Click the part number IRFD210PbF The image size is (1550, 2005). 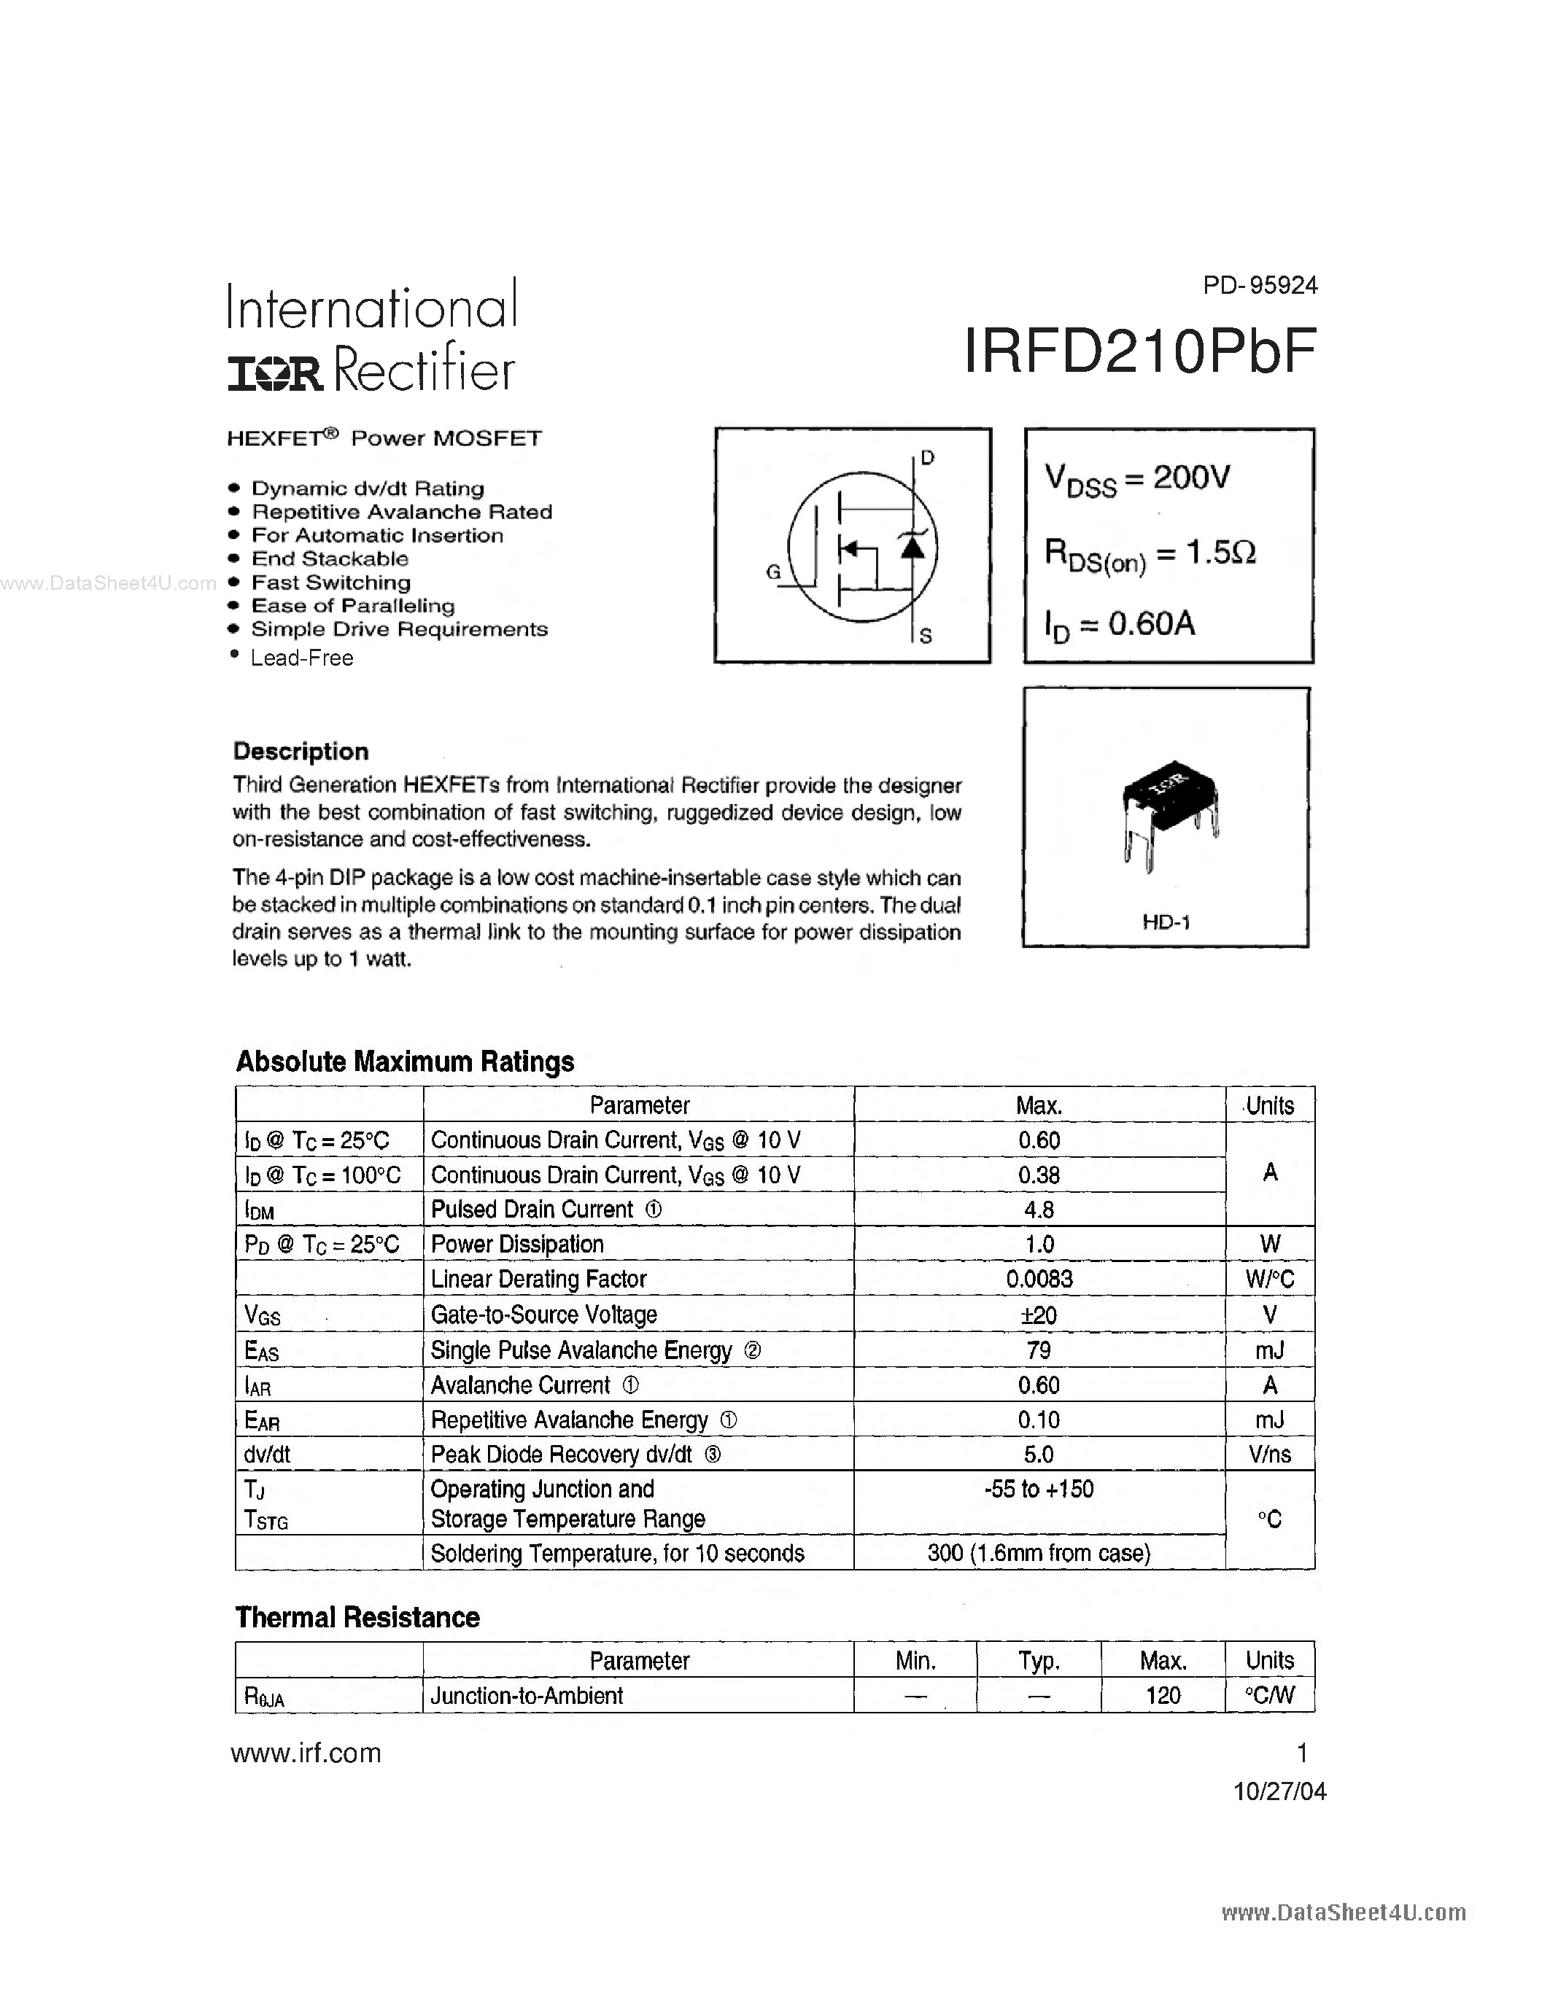(x=1141, y=351)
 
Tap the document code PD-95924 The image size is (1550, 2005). (x=1260, y=286)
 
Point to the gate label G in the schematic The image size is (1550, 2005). (x=773, y=572)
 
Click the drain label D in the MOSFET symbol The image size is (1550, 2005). (x=927, y=457)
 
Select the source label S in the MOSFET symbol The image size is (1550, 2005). (x=926, y=635)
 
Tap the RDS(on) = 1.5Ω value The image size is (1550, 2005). (x=1150, y=553)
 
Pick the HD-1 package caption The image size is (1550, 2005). (x=1166, y=921)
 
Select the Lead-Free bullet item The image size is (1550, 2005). (x=301, y=658)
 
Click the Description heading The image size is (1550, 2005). (x=301, y=751)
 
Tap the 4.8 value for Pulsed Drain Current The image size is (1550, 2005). (x=1039, y=1210)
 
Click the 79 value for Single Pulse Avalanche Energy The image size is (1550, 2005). (x=1039, y=1350)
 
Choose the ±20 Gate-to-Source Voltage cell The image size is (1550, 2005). (x=1039, y=1315)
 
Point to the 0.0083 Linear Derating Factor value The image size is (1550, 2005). (x=1039, y=1279)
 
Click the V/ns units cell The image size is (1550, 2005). (x=1269, y=1455)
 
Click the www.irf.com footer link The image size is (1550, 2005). (x=306, y=1753)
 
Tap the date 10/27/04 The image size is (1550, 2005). (x=1279, y=1791)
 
